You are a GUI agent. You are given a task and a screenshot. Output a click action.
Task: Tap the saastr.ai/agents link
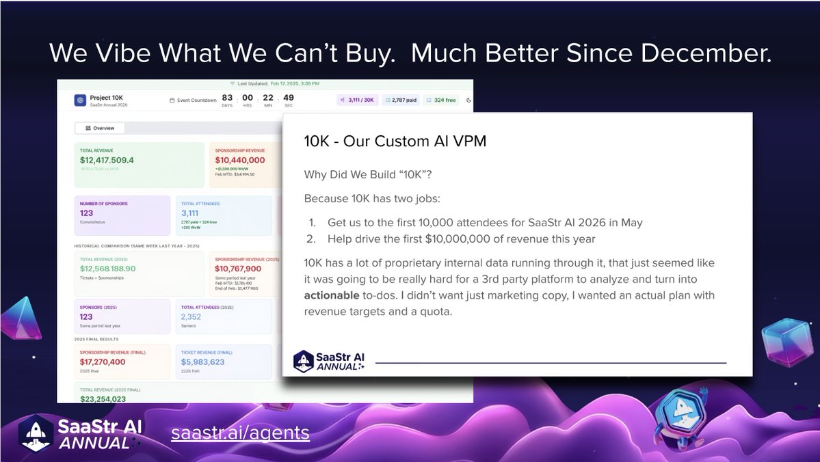point(240,433)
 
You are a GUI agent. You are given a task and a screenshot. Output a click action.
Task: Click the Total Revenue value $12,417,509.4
point(107,160)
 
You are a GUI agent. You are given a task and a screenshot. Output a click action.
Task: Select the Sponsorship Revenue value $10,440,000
point(240,160)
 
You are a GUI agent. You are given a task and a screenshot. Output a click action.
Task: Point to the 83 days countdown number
point(227,98)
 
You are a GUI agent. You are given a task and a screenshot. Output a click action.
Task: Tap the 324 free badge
point(441,100)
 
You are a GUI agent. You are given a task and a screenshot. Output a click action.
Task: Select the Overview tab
point(100,128)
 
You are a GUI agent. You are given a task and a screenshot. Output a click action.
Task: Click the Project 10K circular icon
point(80,100)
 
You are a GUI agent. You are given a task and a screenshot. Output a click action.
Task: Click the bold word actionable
point(332,295)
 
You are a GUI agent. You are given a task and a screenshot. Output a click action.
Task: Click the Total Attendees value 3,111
point(189,213)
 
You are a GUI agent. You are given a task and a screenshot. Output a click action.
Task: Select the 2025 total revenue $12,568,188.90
point(107,269)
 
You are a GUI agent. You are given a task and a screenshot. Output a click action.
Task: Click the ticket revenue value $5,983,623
point(202,362)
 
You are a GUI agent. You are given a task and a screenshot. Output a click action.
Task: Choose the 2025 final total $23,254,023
point(103,398)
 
